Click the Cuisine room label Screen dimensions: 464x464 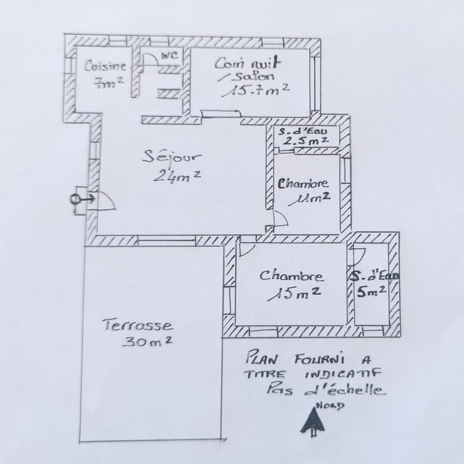click(105, 66)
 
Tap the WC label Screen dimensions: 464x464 click(170, 55)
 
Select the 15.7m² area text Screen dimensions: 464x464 click(256, 90)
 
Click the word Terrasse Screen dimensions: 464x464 click(138, 325)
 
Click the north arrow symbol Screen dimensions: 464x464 click(312, 421)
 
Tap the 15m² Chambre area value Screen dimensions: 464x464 click(294, 293)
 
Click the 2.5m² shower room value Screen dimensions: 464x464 click(306, 140)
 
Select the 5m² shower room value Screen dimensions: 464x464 click(371, 291)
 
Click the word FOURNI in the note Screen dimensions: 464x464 click(319, 360)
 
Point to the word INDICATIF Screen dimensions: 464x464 click(342, 374)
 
